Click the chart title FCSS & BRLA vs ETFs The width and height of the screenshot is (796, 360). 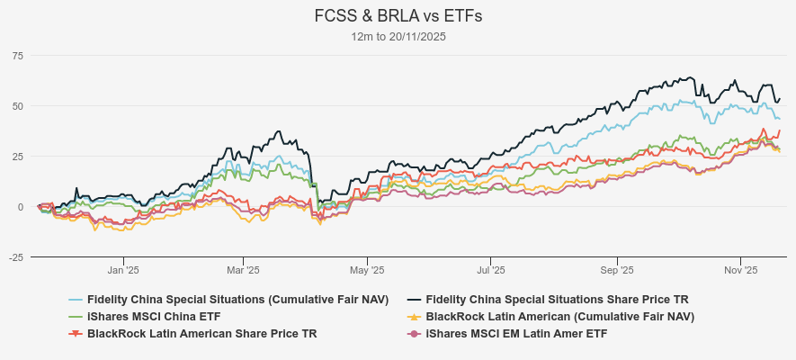click(x=398, y=16)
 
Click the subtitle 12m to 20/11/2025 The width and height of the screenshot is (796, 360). click(x=398, y=37)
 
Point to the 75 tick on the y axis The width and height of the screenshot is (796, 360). click(x=17, y=56)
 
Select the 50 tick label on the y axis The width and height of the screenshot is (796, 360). click(x=17, y=106)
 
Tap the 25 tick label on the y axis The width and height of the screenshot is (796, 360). click(x=17, y=157)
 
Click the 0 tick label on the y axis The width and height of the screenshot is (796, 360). click(x=20, y=207)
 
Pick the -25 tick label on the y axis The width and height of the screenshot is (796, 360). click(x=15, y=257)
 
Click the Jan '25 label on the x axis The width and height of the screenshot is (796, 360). click(x=123, y=269)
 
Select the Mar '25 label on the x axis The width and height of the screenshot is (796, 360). click(x=243, y=269)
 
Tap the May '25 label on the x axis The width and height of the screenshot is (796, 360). click(x=366, y=269)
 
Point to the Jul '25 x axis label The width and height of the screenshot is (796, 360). click(x=491, y=269)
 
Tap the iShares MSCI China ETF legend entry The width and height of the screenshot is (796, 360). click(x=154, y=317)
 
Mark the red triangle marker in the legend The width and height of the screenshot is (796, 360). click(x=76, y=334)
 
